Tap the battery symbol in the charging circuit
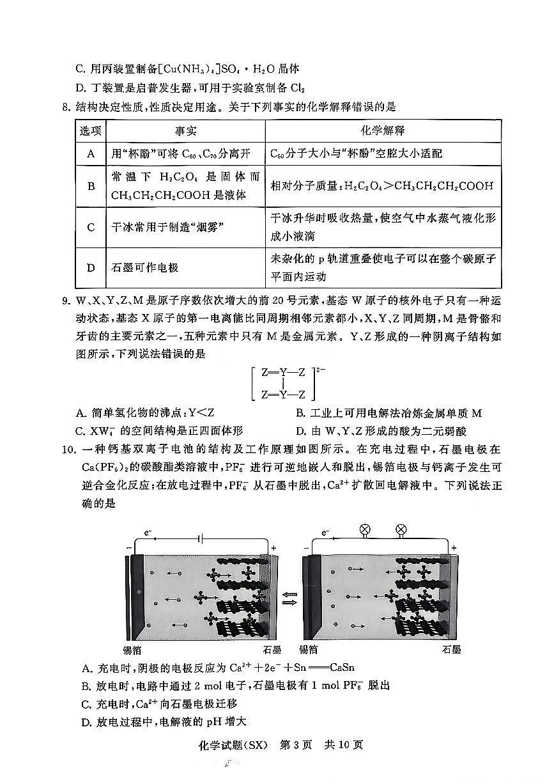click(202, 538)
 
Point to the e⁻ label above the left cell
click(148, 532)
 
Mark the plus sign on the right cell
click(454, 548)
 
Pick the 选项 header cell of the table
click(91, 130)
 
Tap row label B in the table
click(91, 186)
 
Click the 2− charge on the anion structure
click(314, 370)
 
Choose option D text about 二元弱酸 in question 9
click(381, 431)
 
